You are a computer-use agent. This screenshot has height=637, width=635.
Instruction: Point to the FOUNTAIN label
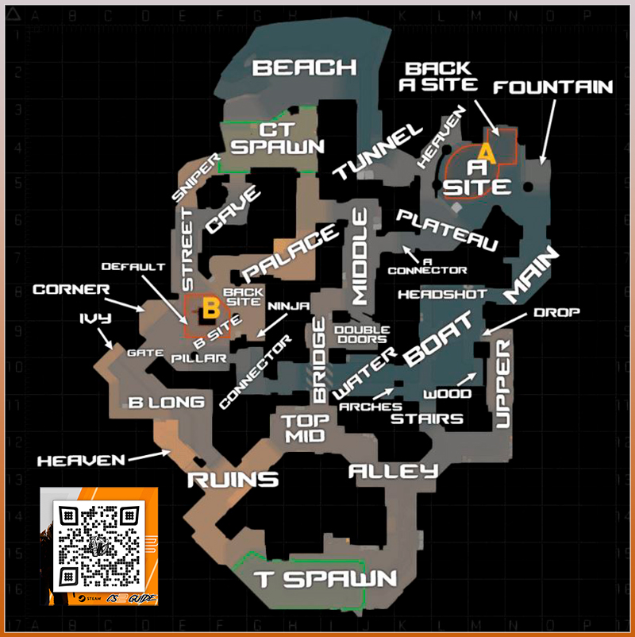coord(553,87)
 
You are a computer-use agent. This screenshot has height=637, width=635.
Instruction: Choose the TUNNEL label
coord(375,152)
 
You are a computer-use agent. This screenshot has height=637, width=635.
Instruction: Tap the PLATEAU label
coord(449,230)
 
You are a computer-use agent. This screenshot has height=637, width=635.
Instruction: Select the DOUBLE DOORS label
coord(362,335)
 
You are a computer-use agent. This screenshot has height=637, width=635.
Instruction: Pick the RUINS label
coord(233,479)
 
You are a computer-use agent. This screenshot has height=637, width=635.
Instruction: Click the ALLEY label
coord(394,472)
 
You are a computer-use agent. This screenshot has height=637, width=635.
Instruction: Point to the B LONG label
coord(167,403)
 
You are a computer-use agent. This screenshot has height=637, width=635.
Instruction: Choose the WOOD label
coord(448,393)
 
